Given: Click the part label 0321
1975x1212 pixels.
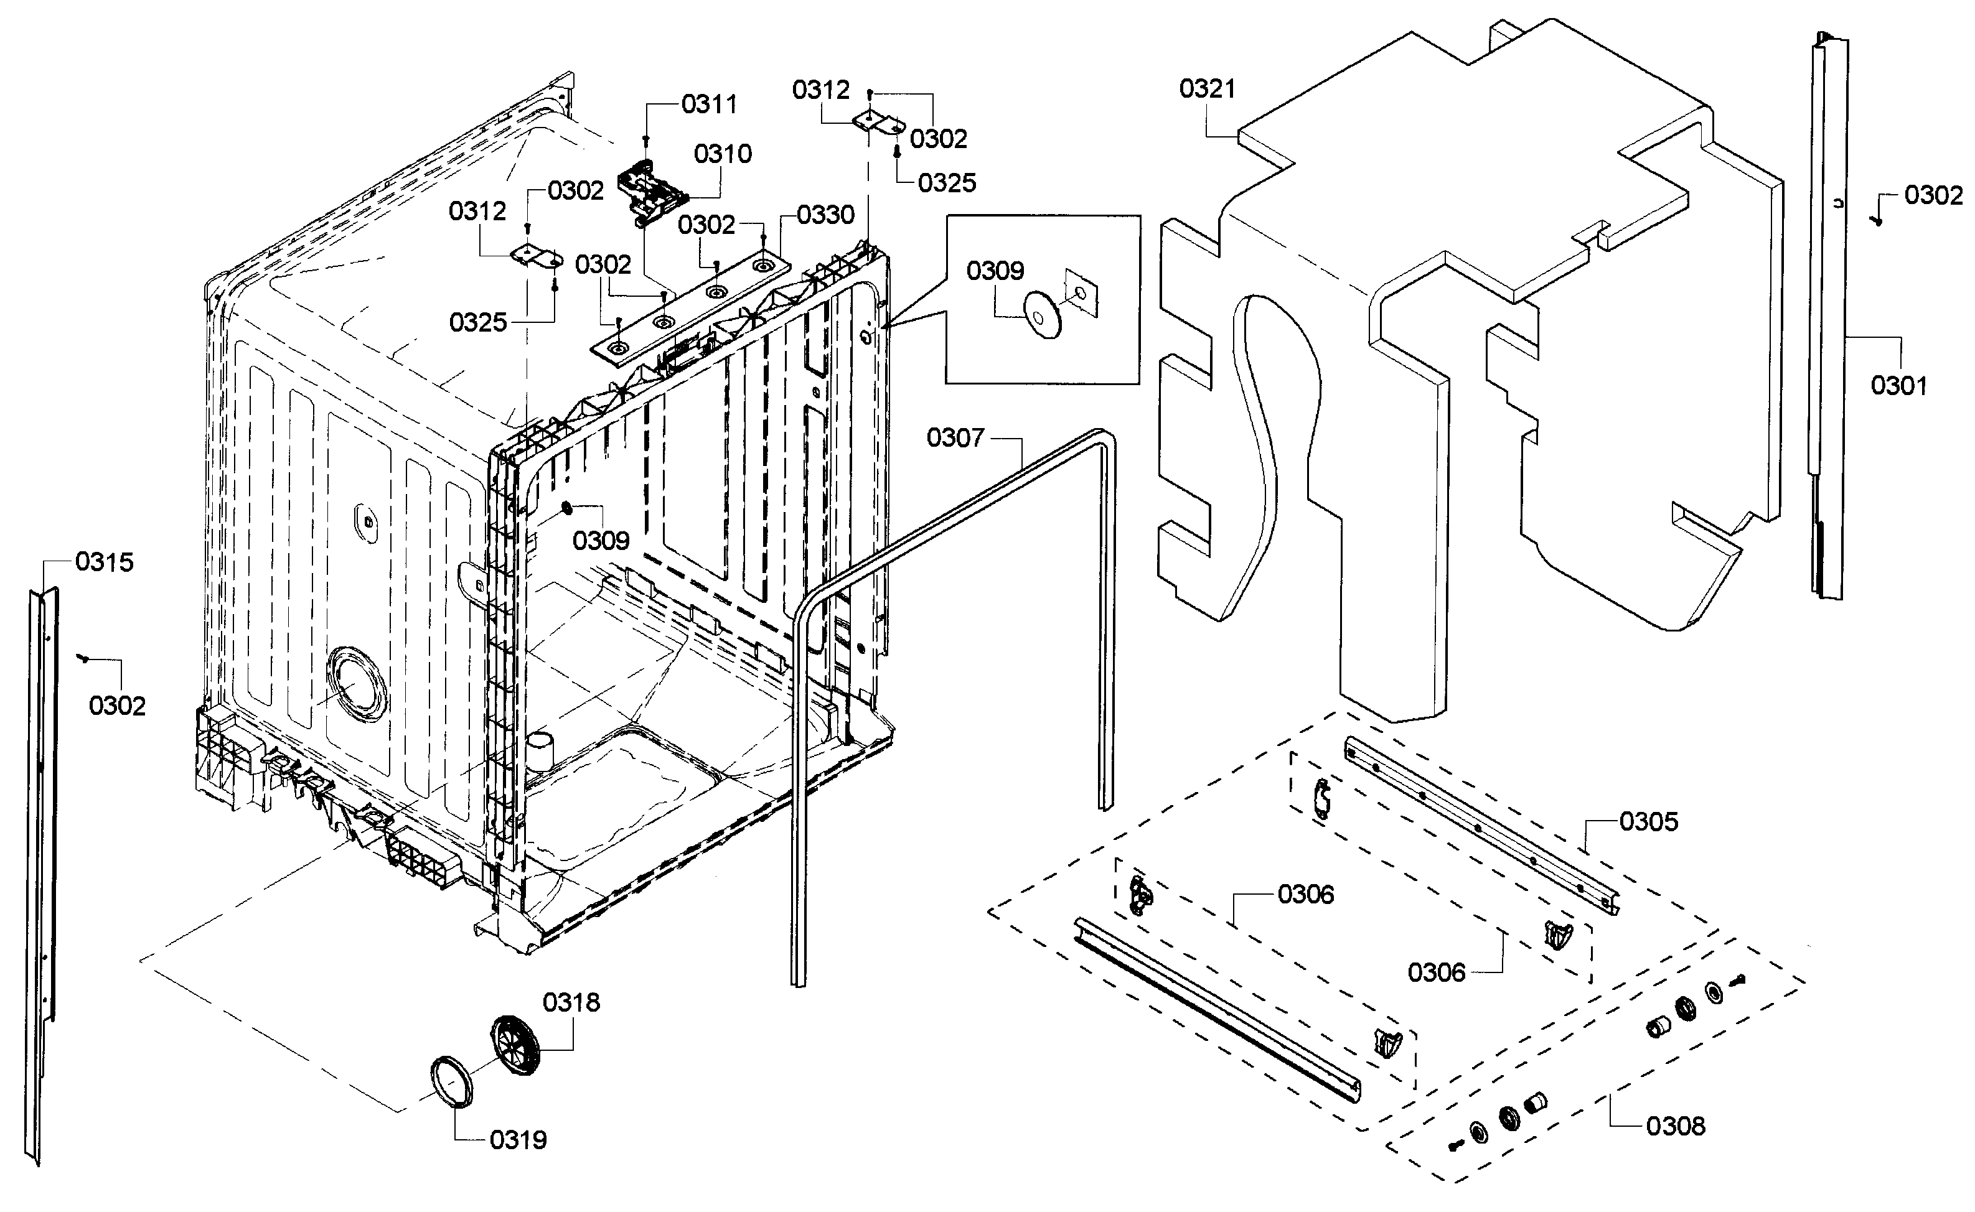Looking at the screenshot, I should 1207,89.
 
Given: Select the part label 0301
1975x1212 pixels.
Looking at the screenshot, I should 1898,386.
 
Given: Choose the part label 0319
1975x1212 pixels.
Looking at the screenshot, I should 518,1139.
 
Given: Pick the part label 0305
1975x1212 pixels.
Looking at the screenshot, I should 1649,822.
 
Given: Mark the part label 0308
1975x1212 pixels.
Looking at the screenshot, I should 1676,1126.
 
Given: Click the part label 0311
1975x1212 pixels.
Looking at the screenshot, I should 709,104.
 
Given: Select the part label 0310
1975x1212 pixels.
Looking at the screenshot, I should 723,154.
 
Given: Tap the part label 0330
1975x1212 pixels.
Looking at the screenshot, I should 825,215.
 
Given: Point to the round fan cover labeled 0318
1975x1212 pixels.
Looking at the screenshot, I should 514,1046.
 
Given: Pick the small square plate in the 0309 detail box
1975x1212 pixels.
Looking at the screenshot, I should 1082,294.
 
